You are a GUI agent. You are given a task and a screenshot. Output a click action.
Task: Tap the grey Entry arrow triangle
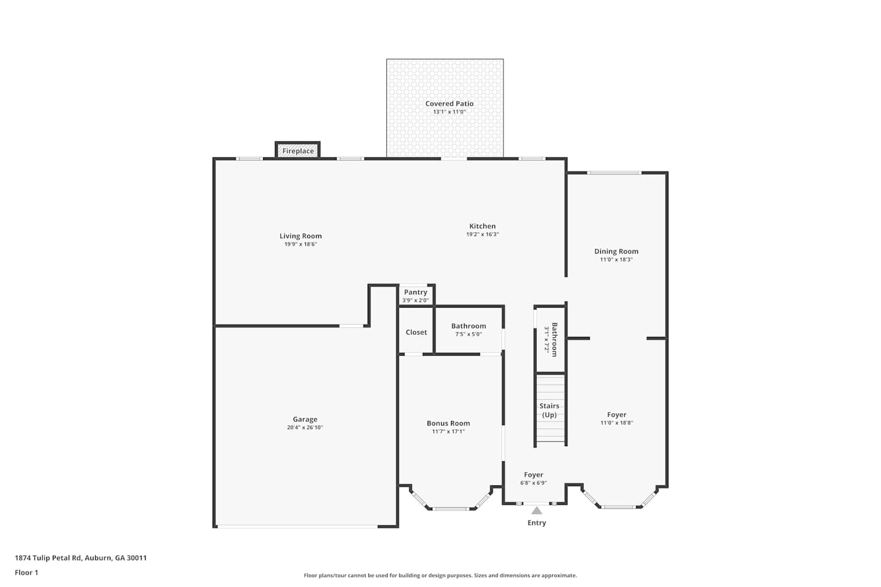[537, 510]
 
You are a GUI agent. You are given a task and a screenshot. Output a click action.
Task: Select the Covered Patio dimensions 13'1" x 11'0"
[449, 112]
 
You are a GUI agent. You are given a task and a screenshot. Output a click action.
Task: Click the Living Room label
[301, 236]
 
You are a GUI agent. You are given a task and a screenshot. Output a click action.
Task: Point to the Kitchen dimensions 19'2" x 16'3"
[483, 234]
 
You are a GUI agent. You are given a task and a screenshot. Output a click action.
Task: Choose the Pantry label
[416, 292]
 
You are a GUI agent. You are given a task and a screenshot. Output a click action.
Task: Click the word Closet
[416, 332]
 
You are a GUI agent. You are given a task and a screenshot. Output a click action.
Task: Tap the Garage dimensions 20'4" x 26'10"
[305, 427]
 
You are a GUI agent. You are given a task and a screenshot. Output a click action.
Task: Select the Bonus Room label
[448, 423]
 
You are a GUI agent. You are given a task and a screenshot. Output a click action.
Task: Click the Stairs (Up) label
[549, 410]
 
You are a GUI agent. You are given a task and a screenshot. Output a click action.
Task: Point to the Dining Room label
[616, 251]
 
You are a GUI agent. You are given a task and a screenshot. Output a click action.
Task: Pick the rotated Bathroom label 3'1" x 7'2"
[550, 340]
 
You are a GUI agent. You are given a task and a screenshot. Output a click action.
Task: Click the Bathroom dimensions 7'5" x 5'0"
[469, 334]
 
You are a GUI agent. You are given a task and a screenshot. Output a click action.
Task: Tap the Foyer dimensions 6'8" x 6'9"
[534, 483]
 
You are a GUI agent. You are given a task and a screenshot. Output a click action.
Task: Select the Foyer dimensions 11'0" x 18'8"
[617, 423]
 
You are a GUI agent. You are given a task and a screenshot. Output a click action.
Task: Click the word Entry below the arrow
[537, 523]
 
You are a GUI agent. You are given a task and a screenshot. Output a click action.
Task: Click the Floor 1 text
[26, 572]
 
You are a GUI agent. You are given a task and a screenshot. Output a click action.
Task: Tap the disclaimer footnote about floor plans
[440, 575]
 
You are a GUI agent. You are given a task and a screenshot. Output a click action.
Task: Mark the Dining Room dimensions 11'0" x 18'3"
[616, 259]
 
